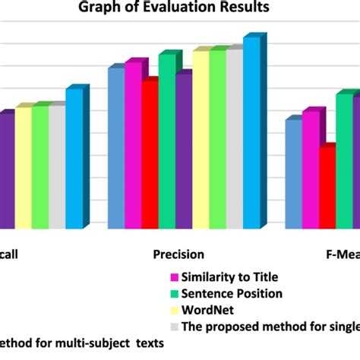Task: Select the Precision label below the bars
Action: point(178,255)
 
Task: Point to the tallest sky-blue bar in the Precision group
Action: point(251,133)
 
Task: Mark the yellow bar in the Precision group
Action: point(201,141)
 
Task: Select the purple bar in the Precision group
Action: point(183,152)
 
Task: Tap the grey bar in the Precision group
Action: point(234,140)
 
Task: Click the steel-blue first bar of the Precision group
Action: point(115,149)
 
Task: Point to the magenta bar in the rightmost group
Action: point(310,170)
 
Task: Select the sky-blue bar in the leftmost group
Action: point(73,159)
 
